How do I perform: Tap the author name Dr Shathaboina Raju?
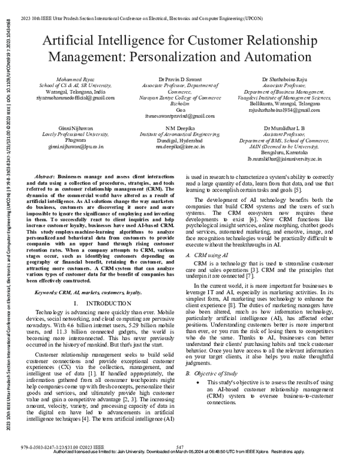(x=293, y=79)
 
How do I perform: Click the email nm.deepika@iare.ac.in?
(x=179, y=147)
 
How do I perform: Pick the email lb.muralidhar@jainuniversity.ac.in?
(x=293, y=159)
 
